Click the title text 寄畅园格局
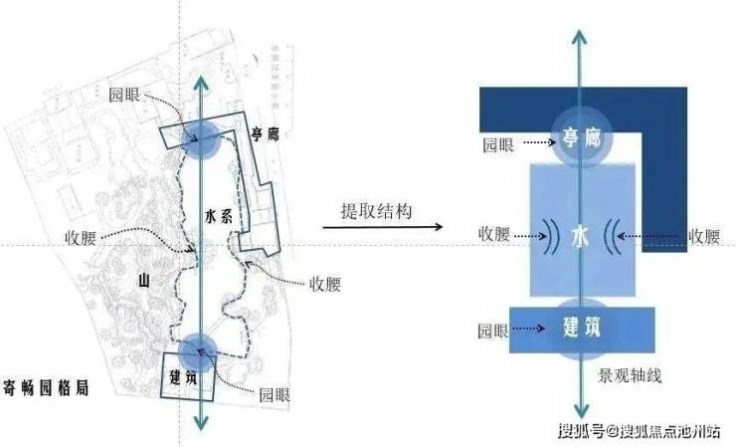pos(47,388)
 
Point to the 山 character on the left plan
pos(142,284)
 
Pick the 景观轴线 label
pos(630,376)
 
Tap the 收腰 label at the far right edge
pos(702,236)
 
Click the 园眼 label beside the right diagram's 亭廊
pos(498,143)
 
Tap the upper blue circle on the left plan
pos(205,141)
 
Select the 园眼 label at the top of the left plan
pos(126,96)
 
